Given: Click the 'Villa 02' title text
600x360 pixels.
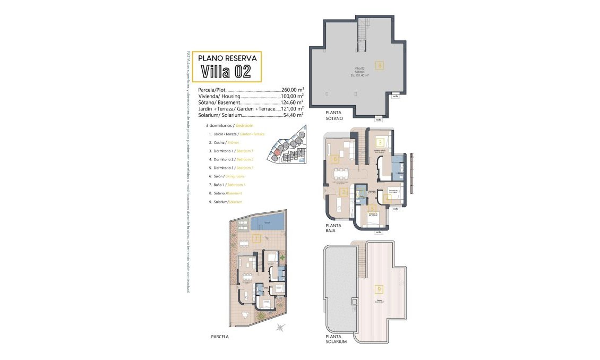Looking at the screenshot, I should (226, 71).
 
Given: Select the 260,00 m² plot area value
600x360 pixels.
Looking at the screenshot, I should (292, 90).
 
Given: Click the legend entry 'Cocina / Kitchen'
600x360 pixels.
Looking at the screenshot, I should (224, 143).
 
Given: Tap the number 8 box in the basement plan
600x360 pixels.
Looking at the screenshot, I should (379, 65).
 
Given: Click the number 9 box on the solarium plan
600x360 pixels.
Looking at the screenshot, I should (379, 289).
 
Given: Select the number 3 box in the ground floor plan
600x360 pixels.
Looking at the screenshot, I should (380, 142).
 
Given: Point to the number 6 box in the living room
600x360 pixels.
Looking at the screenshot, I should (335, 158).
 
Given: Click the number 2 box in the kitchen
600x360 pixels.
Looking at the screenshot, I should (344, 192).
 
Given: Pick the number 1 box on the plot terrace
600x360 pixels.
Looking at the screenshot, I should (257, 238).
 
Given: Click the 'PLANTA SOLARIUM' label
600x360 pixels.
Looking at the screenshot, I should (337, 339).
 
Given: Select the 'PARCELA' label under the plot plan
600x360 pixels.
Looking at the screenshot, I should (220, 336).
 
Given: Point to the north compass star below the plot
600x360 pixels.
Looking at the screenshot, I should (281, 328).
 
